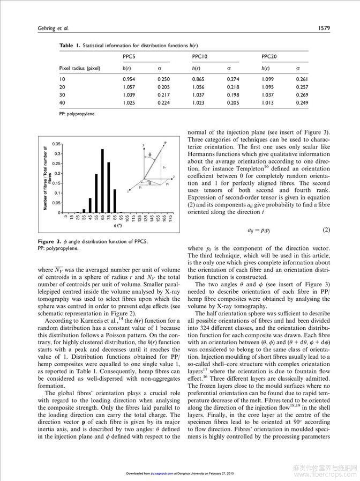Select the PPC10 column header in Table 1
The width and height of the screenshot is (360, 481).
pyautogui.click(x=200, y=56)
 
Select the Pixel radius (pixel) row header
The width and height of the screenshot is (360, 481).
pyautogui.click(x=80, y=68)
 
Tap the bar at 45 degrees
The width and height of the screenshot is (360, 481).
pyautogui.click(x=89, y=205)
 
